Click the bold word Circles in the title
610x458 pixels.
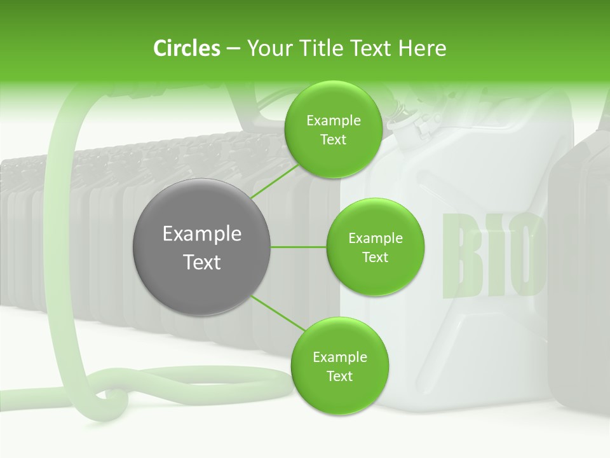(186, 48)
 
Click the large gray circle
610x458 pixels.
(201, 247)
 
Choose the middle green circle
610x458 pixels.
(375, 247)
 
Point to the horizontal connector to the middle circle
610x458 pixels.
(299, 247)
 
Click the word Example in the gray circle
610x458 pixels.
(201, 234)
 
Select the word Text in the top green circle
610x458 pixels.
(333, 140)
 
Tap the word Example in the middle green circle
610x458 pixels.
(375, 239)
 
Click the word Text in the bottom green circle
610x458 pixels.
(339, 377)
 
